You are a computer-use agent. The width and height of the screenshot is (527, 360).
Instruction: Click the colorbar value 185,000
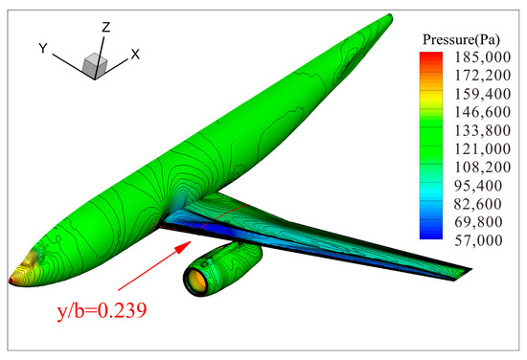[x=482, y=57]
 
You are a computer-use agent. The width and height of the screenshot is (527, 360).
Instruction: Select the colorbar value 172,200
[x=482, y=76]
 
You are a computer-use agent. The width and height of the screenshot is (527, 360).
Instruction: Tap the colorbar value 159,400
[x=482, y=94]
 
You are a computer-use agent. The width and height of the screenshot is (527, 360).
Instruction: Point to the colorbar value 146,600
[x=482, y=112]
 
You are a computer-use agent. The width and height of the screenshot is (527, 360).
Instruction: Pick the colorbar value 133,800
[x=482, y=130]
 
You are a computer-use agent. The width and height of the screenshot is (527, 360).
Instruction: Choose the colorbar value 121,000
[x=482, y=148]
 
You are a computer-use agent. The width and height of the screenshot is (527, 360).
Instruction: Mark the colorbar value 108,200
[x=482, y=168]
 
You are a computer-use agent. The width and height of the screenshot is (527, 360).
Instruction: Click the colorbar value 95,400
[x=478, y=186]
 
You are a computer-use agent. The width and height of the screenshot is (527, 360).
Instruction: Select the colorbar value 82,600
[x=478, y=204]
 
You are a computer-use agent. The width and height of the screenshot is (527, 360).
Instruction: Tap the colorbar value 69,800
[x=478, y=222]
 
